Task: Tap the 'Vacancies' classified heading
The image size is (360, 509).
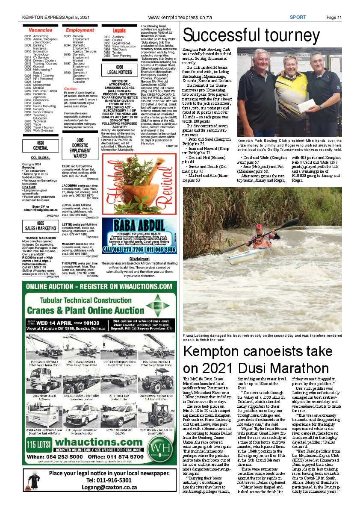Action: click(x=41, y=30)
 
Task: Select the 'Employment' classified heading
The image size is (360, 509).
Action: click(x=80, y=30)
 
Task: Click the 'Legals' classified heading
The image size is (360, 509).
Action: click(x=119, y=31)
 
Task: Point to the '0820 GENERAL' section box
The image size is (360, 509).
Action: click(x=41, y=145)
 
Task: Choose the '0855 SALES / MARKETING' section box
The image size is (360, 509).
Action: click(x=41, y=226)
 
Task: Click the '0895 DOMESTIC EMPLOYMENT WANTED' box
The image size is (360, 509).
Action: click(x=80, y=148)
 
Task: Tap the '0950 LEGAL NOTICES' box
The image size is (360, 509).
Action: click(x=119, y=70)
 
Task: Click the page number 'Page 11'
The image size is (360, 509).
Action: click(x=333, y=18)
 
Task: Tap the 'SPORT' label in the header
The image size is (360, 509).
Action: click(x=298, y=18)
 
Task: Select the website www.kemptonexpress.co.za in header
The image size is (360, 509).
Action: click(x=180, y=18)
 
